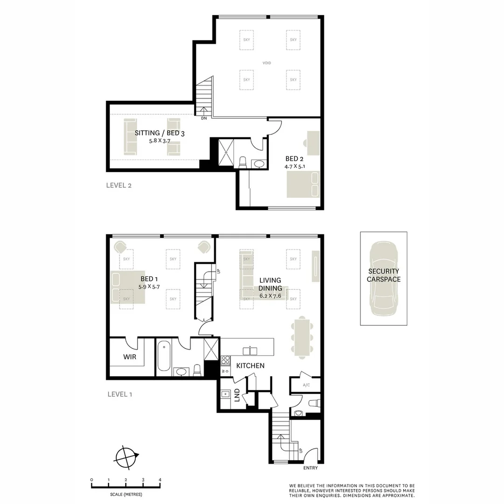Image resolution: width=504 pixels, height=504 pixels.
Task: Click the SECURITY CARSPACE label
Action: (x=383, y=275)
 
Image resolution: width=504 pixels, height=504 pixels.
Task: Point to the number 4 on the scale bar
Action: (x=160, y=480)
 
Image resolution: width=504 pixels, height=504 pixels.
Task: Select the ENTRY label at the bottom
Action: (x=310, y=468)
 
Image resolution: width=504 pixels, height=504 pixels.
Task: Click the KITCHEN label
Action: (x=250, y=366)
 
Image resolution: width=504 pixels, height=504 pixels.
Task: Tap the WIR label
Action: (x=130, y=357)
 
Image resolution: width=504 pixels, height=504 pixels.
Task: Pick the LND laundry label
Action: (x=237, y=394)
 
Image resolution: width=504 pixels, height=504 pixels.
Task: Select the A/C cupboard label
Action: (x=306, y=385)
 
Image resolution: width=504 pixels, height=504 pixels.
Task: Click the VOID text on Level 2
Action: (x=266, y=63)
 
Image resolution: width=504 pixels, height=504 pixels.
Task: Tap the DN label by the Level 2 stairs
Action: (x=204, y=119)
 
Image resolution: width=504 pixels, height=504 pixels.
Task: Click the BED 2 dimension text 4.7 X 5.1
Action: (x=294, y=166)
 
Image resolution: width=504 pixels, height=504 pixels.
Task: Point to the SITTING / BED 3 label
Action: (x=160, y=133)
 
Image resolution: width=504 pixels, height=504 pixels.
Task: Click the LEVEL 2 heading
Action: (x=119, y=185)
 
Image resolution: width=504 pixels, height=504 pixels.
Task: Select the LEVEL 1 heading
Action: (x=120, y=394)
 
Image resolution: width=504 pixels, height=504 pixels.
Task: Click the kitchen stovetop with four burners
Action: (x=225, y=360)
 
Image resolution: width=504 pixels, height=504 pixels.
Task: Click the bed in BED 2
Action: (x=303, y=184)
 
